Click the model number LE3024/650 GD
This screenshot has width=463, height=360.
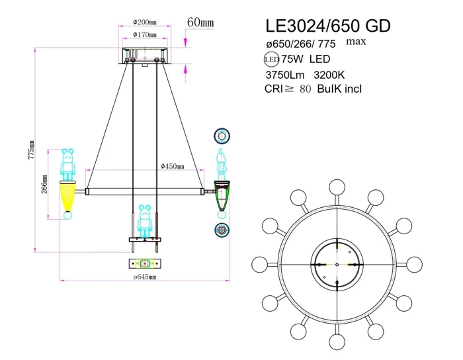coord(327,26)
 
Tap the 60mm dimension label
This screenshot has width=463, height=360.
coord(200,22)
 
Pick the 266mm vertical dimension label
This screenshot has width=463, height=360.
coord(44,185)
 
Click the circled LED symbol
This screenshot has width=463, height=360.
coord(272,60)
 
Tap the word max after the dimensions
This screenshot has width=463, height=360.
coord(357,41)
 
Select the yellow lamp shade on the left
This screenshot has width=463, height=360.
coord(67,196)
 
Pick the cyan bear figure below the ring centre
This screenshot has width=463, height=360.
coord(145,222)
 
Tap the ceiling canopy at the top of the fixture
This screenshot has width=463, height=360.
coord(145,56)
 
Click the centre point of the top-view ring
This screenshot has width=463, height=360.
coord(337,265)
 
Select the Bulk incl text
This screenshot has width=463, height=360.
coord(340,89)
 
